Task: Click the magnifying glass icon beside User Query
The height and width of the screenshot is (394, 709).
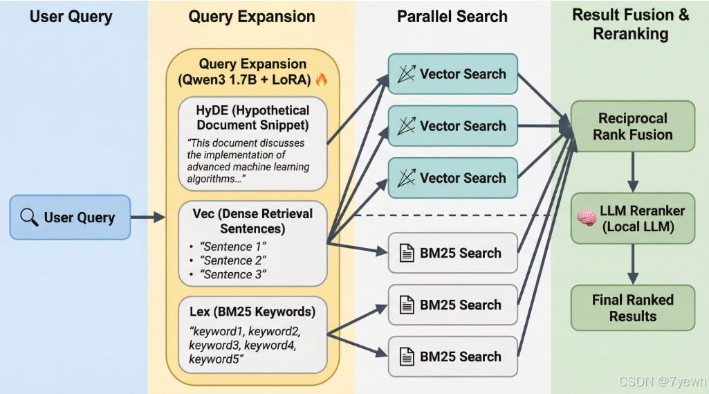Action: [29, 217]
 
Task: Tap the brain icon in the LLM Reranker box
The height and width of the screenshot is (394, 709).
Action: [587, 218]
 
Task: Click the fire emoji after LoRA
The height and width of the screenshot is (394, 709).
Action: [321, 80]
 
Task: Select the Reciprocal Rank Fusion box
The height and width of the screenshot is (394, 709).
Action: [632, 126]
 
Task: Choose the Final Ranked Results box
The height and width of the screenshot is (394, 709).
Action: [632, 307]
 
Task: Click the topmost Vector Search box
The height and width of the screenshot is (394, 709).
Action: [452, 74]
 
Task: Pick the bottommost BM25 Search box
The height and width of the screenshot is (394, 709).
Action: [452, 357]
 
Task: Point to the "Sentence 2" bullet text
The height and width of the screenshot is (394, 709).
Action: [234, 260]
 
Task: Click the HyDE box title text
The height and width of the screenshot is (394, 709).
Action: [252, 118]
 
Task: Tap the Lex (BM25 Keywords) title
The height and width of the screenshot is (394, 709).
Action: [252, 311]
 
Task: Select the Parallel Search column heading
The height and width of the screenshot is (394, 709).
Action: [452, 17]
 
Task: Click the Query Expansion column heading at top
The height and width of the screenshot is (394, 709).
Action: [252, 17]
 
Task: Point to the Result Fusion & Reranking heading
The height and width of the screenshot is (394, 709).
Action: [630, 24]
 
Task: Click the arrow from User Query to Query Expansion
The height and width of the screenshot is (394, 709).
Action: [147, 217]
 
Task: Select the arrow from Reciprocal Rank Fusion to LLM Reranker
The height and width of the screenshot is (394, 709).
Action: [632, 172]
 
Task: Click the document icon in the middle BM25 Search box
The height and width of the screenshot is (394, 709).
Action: [407, 305]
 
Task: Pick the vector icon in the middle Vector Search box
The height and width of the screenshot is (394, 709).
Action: [407, 126]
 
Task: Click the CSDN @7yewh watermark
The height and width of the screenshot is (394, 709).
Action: [662, 382]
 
